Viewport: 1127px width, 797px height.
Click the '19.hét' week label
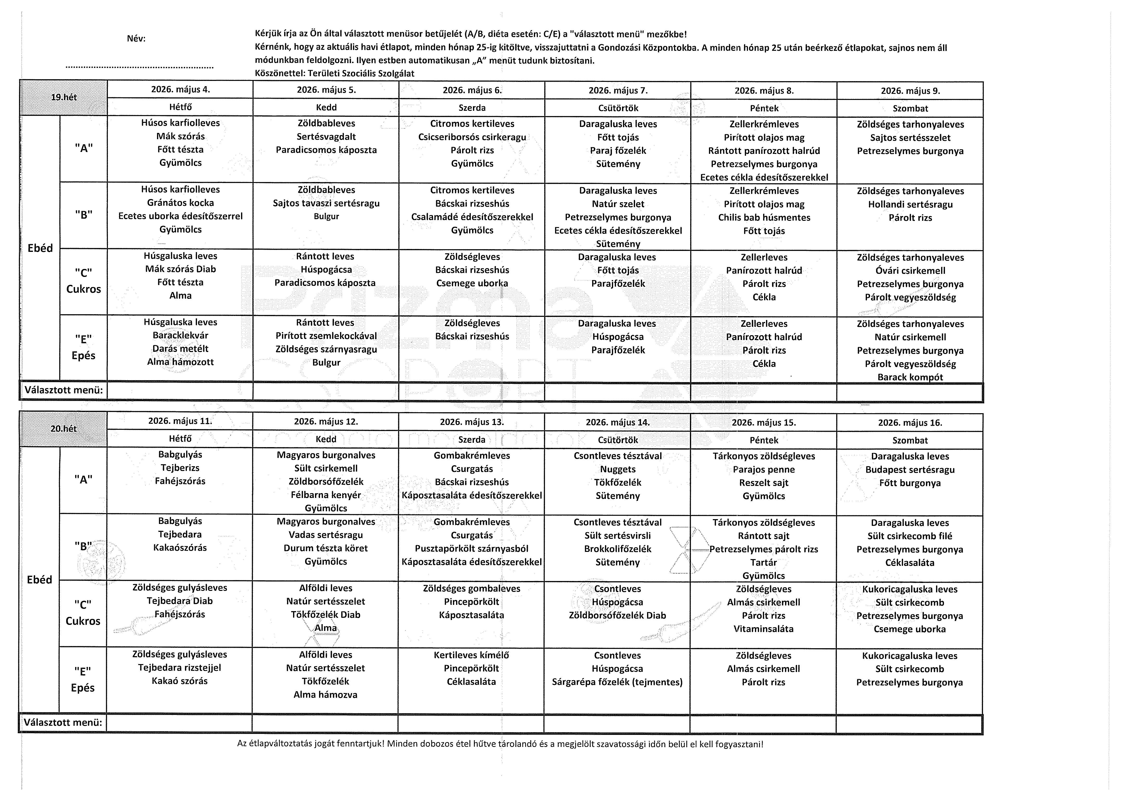[x=64, y=97]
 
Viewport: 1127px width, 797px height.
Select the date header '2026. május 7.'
[x=618, y=90]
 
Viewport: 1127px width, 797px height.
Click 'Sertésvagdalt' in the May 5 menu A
[x=326, y=137]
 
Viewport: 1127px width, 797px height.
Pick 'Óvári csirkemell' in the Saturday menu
[x=910, y=270]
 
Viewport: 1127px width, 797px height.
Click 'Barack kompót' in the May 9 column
[x=910, y=377]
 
